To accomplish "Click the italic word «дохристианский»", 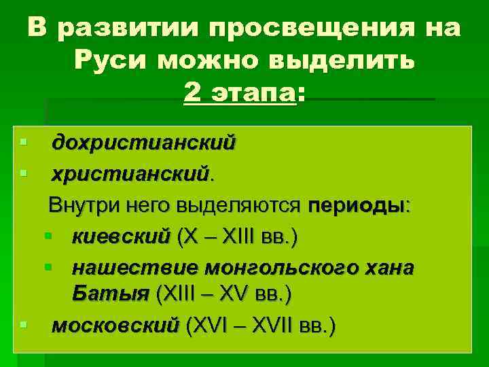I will (145, 143).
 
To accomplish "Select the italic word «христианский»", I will (131, 175).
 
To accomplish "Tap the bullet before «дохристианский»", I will (24, 142).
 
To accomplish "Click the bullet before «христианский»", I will (24, 174).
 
